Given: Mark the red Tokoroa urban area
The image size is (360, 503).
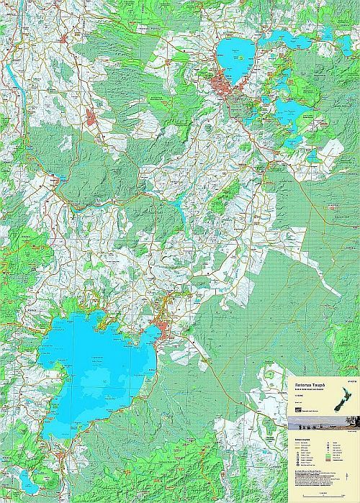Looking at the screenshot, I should click(x=91, y=119).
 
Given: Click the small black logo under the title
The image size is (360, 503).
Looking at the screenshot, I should click(x=297, y=409).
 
